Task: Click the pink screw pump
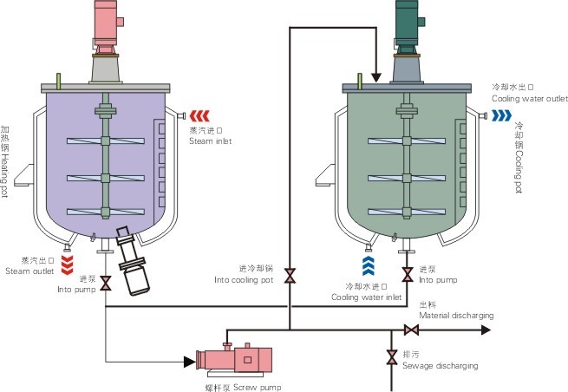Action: (236, 359)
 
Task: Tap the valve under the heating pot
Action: (105, 283)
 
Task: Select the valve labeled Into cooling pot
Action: (291, 276)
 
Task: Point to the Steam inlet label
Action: (211, 140)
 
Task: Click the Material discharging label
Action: (456, 316)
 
